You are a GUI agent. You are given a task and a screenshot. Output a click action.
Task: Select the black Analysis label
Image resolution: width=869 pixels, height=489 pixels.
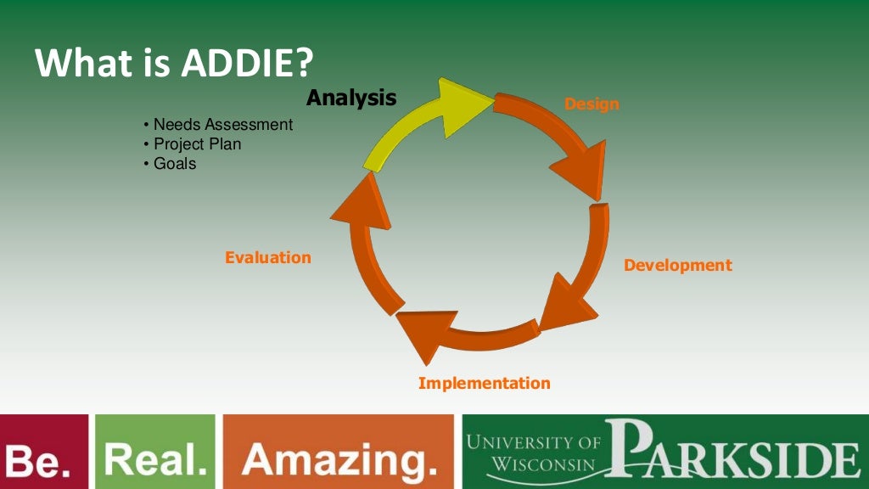[351, 98]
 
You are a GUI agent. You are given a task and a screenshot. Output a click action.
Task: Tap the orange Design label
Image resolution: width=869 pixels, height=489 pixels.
[591, 104]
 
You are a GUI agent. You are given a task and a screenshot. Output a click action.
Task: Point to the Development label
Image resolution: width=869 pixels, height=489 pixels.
[677, 265]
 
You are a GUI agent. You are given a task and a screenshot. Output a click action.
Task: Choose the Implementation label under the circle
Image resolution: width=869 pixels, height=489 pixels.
[484, 383]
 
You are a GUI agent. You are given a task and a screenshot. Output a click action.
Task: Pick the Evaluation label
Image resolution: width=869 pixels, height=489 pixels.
[268, 257]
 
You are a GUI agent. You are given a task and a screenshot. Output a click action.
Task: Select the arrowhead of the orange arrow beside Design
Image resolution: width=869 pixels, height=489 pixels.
[581, 170]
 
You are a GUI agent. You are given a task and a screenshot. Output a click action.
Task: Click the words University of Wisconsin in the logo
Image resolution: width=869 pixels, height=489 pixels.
[534, 453]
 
